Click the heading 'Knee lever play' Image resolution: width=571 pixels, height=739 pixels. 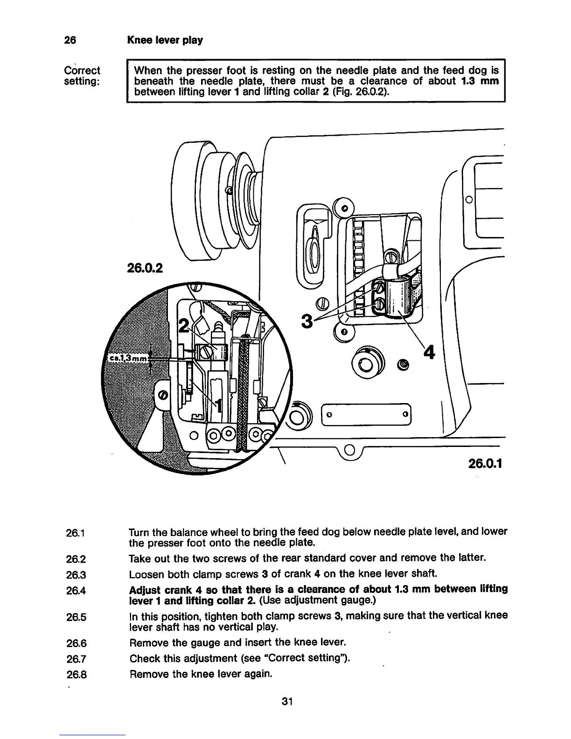[x=165, y=40]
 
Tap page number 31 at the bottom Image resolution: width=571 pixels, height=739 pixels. [x=286, y=701]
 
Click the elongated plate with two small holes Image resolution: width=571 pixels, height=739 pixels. [x=367, y=414]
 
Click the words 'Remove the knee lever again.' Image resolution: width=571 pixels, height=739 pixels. [x=200, y=675]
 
